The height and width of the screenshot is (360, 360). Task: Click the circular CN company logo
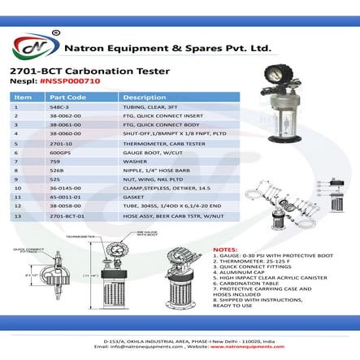(x=33, y=47)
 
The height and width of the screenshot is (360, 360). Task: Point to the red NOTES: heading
(x=225, y=249)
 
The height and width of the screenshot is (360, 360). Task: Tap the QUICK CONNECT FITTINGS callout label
(x=24, y=250)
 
